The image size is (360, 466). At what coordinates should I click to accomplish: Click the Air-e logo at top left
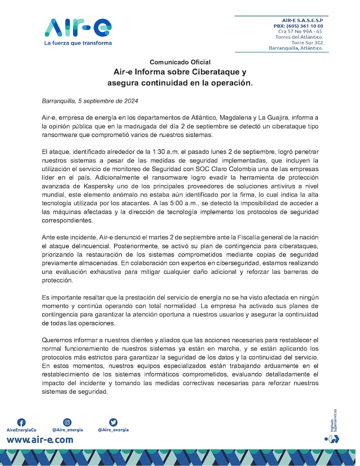pos(78,28)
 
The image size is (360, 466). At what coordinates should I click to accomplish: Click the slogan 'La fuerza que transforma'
pos(78,43)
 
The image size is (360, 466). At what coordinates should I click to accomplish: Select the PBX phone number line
pos(298,26)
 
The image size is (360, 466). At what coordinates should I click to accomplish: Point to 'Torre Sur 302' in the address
pos(307,43)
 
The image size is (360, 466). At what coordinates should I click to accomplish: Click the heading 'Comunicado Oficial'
pos(180,62)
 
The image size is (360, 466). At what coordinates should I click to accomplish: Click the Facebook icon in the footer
pos(21,422)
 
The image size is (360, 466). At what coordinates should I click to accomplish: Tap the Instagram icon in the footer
pos(67,422)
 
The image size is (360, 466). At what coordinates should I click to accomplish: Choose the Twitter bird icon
pos(113,422)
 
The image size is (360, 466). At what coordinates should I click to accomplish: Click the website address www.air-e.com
pos(40,440)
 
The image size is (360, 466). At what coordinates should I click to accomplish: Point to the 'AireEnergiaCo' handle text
pos(21,430)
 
